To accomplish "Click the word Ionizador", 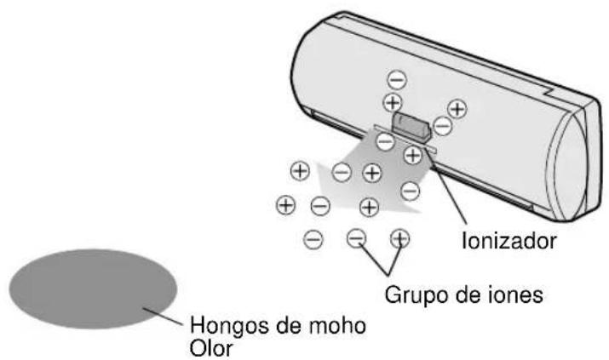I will [x=505, y=241].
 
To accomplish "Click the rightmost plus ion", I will [x=457, y=109].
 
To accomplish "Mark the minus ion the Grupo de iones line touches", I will [x=357, y=239].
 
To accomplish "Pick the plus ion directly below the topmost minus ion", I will [x=393, y=102].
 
